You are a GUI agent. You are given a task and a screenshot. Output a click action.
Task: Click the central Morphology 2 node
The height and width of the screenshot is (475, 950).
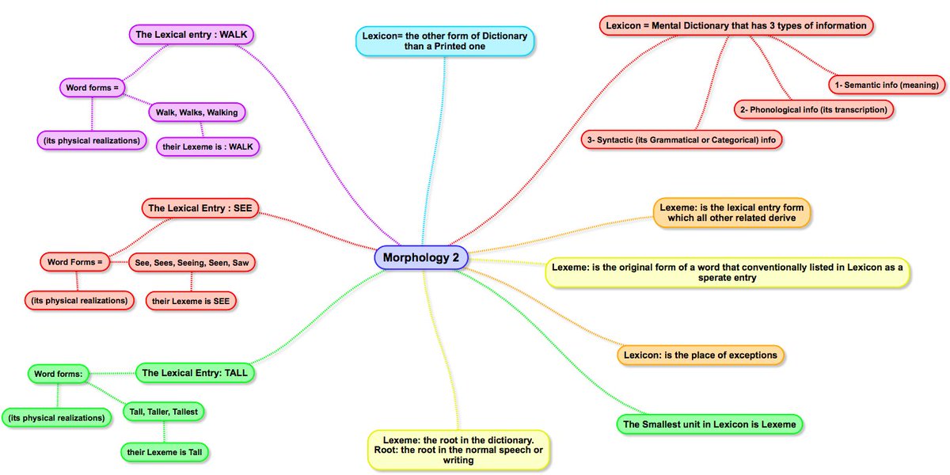coord(421,257)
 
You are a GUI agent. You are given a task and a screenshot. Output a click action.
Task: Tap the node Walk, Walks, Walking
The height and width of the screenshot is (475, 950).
coord(197,112)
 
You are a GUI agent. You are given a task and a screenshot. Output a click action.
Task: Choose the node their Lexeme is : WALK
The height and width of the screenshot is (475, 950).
coord(207,146)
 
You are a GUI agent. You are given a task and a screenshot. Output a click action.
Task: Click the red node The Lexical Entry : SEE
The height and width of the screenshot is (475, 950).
coord(201,208)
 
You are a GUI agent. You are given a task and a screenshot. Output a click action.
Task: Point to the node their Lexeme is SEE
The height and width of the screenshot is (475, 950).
coord(192,301)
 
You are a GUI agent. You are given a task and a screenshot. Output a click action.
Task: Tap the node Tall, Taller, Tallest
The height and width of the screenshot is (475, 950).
coord(164,411)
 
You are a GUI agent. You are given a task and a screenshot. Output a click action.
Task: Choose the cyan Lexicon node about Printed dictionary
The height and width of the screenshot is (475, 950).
coord(446,41)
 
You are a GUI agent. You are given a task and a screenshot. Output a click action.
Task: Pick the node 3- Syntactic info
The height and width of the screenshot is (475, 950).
coord(682,139)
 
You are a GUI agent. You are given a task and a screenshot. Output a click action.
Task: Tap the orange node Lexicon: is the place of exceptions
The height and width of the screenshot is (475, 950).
coord(701,355)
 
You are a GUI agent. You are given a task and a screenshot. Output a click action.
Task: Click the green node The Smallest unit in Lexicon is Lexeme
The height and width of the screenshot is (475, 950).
coord(709,424)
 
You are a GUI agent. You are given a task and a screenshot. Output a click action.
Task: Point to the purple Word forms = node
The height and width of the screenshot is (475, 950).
coord(92,87)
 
